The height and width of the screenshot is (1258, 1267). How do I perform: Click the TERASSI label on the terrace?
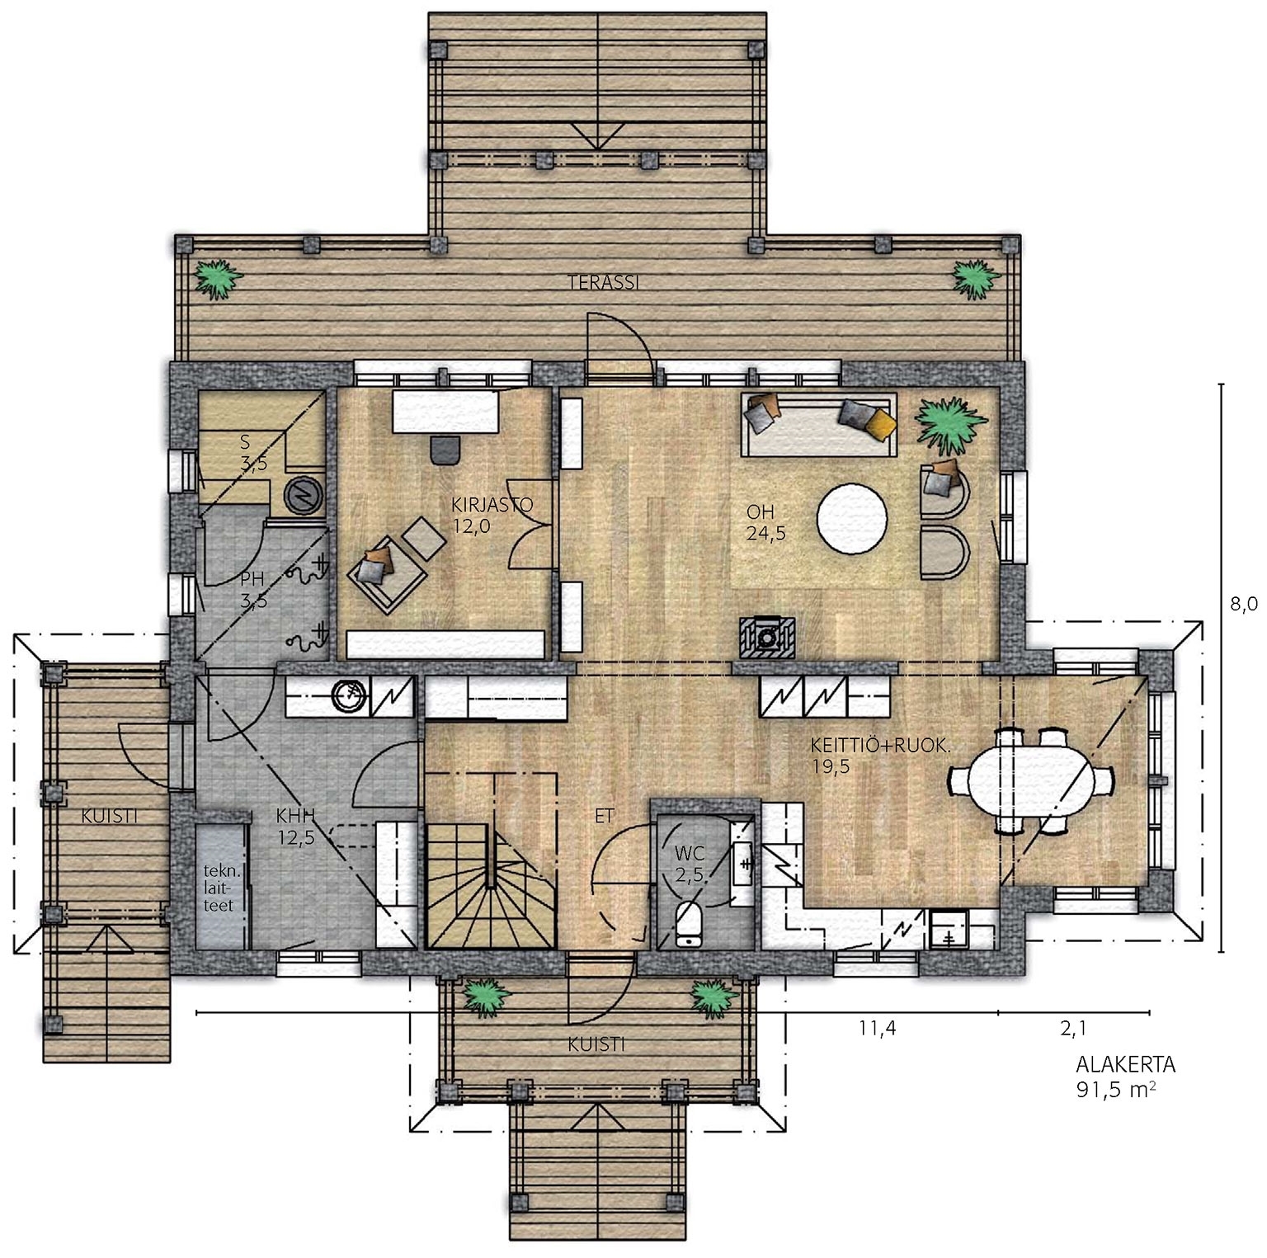click(604, 282)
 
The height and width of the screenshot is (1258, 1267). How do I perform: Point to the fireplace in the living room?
click(767, 635)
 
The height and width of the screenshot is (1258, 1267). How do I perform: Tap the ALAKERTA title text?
click(1126, 1064)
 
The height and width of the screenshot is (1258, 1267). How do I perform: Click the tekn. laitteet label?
click(219, 888)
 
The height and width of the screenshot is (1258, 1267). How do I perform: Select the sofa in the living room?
click(820, 423)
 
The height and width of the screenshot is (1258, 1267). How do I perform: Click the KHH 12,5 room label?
click(295, 827)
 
